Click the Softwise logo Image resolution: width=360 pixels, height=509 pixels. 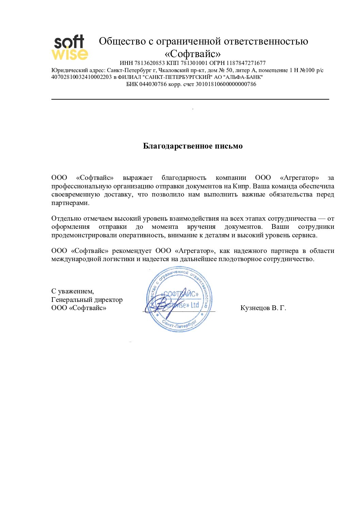click(69, 48)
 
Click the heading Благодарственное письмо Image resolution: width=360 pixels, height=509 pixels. click(193, 146)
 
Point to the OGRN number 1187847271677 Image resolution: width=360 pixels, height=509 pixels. click(246, 63)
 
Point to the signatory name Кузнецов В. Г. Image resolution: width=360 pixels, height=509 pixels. click(263, 308)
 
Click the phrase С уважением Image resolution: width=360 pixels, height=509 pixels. click(72, 291)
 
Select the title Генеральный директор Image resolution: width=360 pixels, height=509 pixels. click(87, 300)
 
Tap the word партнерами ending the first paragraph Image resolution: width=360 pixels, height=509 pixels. click(70, 203)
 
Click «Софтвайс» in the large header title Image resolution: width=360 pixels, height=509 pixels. click(193, 54)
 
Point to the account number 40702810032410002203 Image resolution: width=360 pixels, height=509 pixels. click(81, 77)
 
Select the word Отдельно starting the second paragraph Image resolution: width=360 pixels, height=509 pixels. click(66, 219)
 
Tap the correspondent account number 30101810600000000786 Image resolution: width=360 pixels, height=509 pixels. click(226, 84)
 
